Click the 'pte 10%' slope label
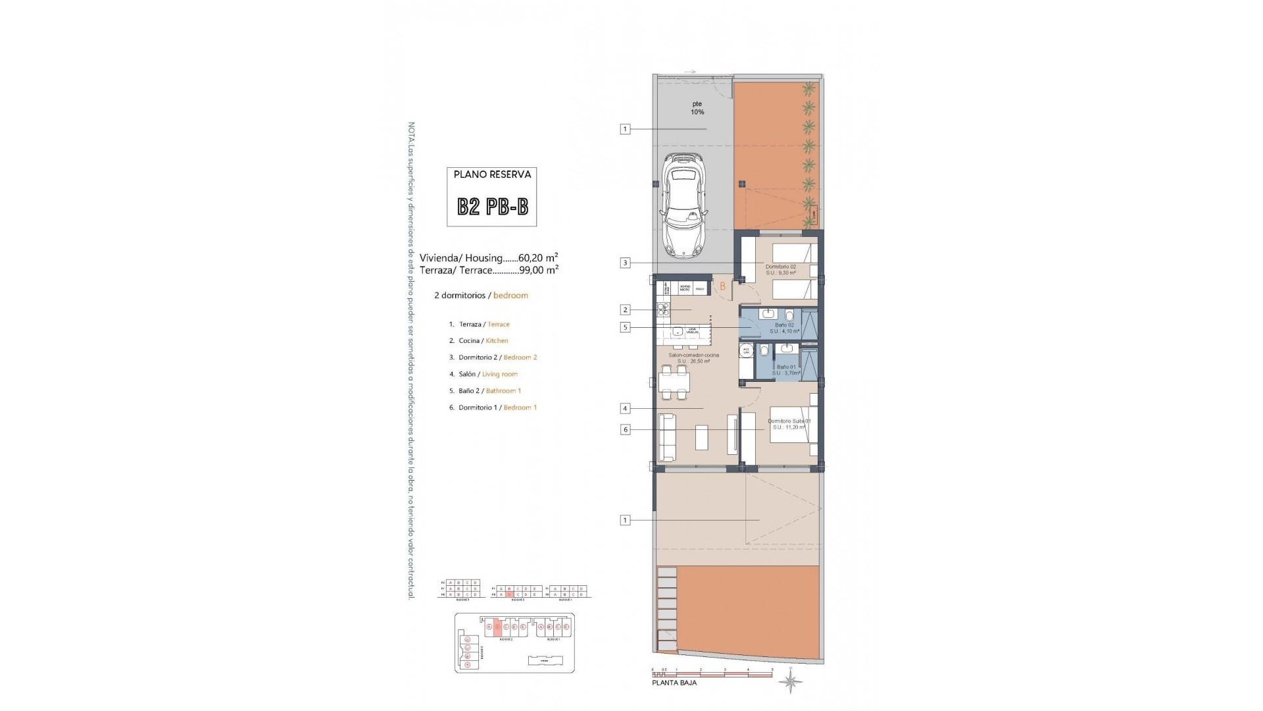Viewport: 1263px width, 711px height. click(x=697, y=108)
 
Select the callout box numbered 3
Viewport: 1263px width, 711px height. click(x=625, y=263)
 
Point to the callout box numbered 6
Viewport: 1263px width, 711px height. click(x=625, y=430)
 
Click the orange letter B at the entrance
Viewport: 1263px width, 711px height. click(x=722, y=286)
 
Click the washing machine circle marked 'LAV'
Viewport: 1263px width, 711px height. click(x=746, y=351)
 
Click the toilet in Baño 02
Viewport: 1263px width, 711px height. click(x=789, y=315)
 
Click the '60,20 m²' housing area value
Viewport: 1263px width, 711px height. click(x=538, y=258)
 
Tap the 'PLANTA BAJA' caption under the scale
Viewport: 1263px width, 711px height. click(x=674, y=683)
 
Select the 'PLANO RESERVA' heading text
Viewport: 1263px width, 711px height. click(x=492, y=174)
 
